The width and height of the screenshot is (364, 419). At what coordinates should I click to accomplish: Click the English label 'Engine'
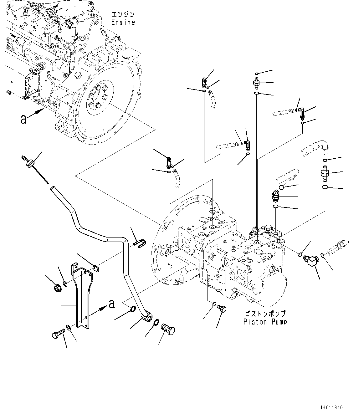coord(123,22)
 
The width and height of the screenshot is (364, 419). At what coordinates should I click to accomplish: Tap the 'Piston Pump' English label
coord(265,322)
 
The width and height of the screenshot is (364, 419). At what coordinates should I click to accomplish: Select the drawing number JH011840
coord(331,408)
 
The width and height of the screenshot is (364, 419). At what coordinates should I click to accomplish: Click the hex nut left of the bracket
coord(58,288)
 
